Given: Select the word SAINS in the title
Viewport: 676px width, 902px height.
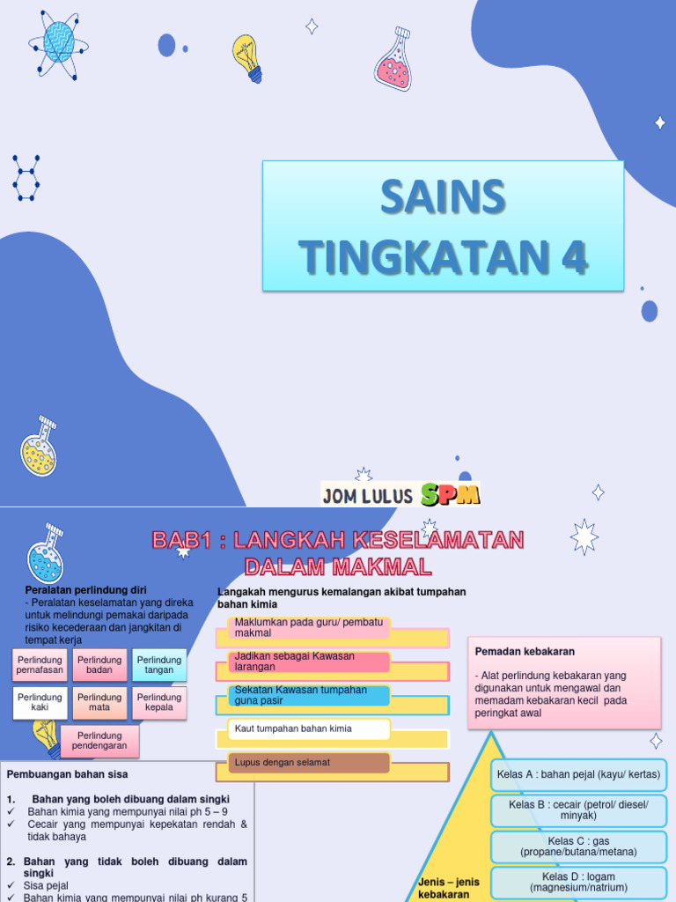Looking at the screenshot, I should (x=443, y=196).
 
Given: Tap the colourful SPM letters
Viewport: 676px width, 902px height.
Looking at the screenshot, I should (x=450, y=495).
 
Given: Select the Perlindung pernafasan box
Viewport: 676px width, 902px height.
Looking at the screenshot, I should (x=40, y=666).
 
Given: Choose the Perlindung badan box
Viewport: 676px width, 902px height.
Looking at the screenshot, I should (x=99, y=666).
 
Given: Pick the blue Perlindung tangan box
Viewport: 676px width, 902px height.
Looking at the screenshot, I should (x=159, y=666).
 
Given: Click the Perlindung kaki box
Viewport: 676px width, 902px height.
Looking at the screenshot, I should (x=40, y=703).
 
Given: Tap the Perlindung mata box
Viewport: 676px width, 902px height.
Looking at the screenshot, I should (x=99, y=703).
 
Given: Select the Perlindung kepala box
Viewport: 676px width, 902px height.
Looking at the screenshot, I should (x=159, y=703).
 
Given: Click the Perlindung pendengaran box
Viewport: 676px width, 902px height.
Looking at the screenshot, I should (x=99, y=741).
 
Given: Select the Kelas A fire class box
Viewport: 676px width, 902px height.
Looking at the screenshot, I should (x=578, y=774).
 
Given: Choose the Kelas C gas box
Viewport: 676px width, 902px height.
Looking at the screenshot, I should (x=578, y=847).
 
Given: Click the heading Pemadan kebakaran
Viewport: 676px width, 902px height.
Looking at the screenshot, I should (x=525, y=651).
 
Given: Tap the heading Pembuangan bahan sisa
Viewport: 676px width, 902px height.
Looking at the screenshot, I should (x=68, y=774).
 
